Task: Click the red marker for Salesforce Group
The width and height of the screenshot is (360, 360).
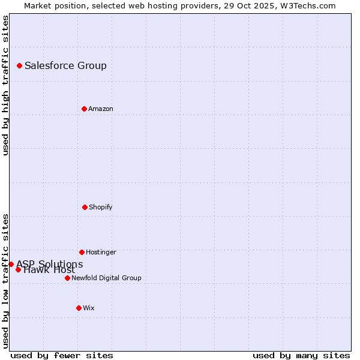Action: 19,65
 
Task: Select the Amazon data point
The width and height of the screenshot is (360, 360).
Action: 84,109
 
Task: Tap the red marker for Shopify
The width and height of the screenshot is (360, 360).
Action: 85,207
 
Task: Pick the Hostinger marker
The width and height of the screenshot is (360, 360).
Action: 82,252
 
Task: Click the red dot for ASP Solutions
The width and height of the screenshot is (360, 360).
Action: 11,264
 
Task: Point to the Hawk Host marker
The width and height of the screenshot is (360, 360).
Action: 18,269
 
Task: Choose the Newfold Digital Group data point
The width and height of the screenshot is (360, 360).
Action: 67,278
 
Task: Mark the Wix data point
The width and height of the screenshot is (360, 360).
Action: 79,308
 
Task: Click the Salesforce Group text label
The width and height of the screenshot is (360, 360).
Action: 65,65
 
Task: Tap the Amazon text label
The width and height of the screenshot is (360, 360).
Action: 100,109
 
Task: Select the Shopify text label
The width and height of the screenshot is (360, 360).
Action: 100,207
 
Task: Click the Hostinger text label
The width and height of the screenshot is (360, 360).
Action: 101,252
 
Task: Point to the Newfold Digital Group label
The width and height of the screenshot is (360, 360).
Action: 106,278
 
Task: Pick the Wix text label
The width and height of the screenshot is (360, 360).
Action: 88,308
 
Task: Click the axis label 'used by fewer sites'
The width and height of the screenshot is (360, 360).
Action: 62,355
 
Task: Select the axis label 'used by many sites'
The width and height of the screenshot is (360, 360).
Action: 301,355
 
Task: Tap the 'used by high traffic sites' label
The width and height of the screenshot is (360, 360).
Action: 5,85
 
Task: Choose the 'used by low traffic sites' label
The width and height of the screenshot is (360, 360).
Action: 5,280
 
